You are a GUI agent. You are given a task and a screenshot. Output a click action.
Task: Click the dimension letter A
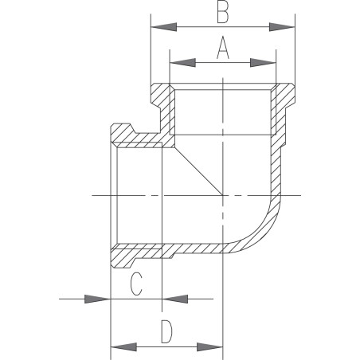click(x=223, y=47)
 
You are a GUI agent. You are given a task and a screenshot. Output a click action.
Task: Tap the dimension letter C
click(x=136, y=284)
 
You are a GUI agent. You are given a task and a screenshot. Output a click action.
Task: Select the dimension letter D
click(x=166, y=331)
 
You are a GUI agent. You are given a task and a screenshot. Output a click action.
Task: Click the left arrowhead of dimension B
click(x=163, y=27)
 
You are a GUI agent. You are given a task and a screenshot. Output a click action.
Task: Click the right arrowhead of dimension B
click(x=282, y=27)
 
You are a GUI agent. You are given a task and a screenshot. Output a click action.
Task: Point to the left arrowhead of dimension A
click(x=182, y=63)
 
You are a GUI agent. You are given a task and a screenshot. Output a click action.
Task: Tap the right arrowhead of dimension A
click(x=264, y=63)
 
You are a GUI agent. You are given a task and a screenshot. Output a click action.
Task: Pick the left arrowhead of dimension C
click(x=97, y=299)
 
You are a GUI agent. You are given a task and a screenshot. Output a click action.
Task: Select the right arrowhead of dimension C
click(x=174, y=299)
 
